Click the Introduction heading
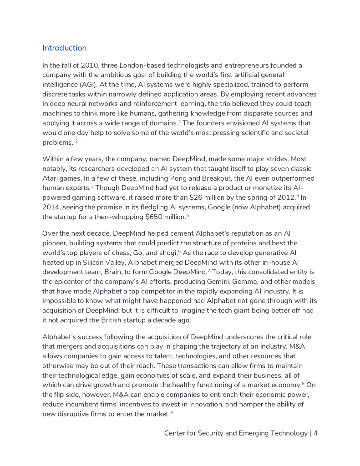coord(64,48)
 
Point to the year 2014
coord(51,207)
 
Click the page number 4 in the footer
coord(315,433)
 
